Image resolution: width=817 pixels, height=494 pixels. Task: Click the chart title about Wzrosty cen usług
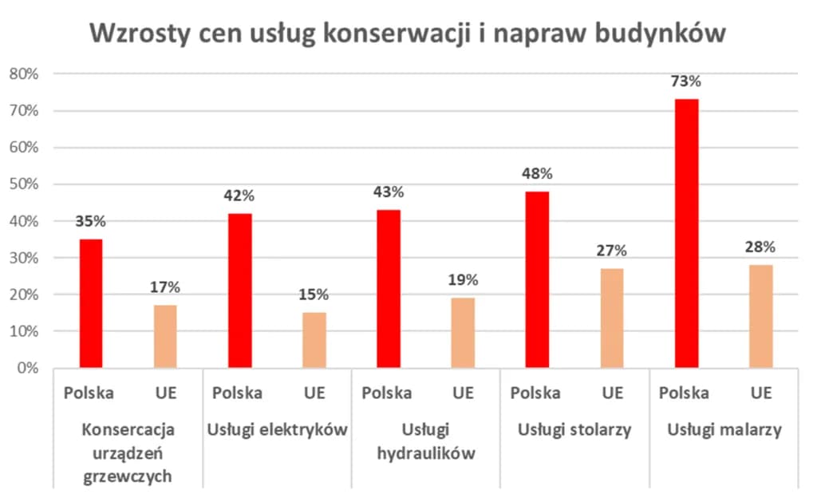click(x=408, y=33)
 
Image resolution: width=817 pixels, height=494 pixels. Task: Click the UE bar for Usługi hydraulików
click(x=463, y=333)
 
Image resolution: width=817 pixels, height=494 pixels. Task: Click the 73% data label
click(x=686, y=81)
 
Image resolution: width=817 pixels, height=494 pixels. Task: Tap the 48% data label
click(x=537, y=174)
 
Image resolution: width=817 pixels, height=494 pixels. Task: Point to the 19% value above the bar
click(x=463, y=280)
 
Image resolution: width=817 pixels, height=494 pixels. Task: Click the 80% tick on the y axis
click(x=24, y=74)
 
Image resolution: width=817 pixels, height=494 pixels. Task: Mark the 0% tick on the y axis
click(x=27, y=368)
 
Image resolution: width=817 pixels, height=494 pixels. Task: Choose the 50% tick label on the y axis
click(x=24, y=184)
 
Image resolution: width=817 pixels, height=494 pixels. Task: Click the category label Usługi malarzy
click(x=724, y=430)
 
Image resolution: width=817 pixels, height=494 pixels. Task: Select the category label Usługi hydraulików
click(x=426, y=442)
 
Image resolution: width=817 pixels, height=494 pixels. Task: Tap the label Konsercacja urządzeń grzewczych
click(x=128, y=453)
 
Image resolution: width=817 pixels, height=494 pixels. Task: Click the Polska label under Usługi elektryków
click(x=238, y=393)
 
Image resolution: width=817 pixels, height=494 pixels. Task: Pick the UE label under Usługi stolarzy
click(x=612, y=393)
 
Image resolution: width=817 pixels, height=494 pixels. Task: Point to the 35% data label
click(x=90, y=222)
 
